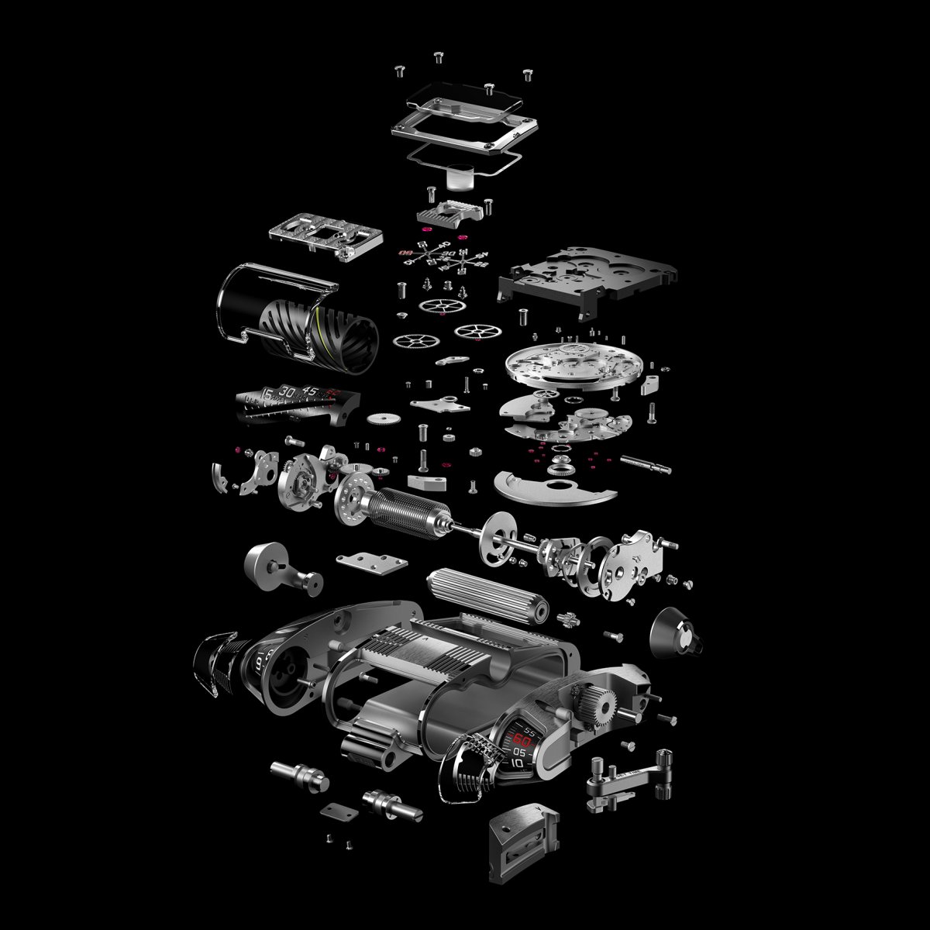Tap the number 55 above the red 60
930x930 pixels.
529,730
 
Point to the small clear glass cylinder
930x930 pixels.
460,179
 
